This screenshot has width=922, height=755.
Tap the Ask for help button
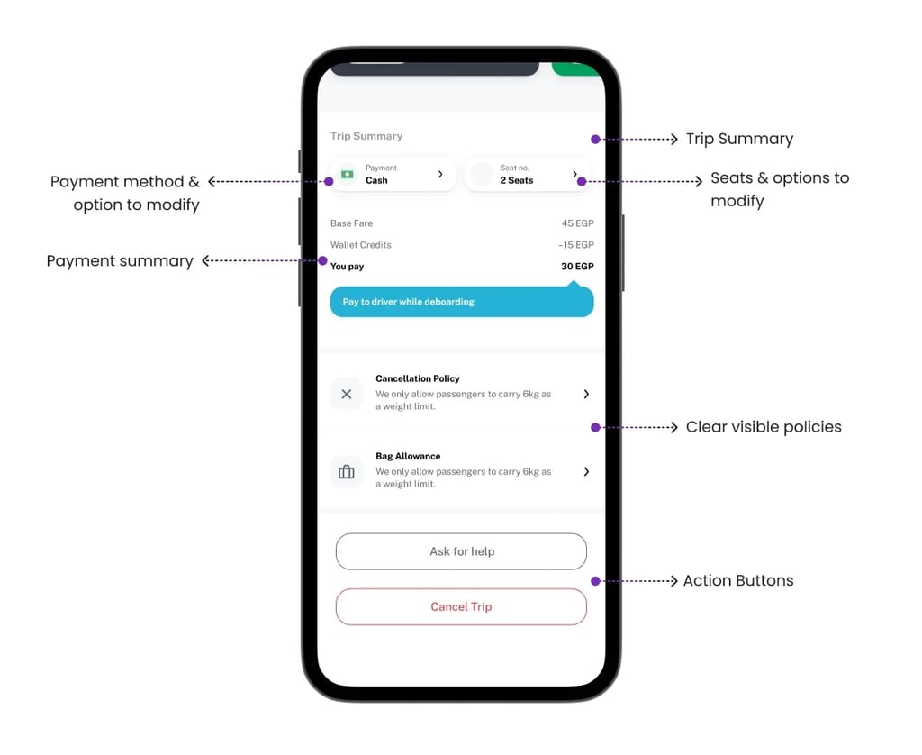(x=461, y=551)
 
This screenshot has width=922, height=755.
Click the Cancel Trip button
(x=461, y=606)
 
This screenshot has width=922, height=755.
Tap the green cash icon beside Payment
(x=347, y=174)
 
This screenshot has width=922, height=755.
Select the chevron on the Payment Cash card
(x=440, y=174)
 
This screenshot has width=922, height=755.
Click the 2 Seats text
(x=517, y=180)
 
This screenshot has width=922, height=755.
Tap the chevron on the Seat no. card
(x=575, y=174)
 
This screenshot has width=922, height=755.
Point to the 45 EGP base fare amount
(x=577, y=223)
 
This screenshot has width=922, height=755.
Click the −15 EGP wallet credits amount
(x=575, y=245)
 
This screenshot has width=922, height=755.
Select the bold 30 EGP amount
(x=577, y=267)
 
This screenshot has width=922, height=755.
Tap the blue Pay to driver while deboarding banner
(x=461, y=302)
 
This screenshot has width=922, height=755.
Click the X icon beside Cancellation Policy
(x=347, y=394)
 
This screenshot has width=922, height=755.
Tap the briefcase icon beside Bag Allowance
(x=347, y=471)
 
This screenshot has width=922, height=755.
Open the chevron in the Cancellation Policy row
(x=586, y=394)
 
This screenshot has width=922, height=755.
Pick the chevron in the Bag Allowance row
(x=586, y=471)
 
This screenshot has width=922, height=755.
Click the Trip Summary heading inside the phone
(x=366, y=136)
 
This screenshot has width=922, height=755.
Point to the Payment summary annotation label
(x=120, y=261)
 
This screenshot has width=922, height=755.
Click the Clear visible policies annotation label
(x=764, y=427)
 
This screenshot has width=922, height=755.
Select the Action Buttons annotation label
(x=738, y=581)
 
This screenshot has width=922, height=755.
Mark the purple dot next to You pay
(x=322, y=261)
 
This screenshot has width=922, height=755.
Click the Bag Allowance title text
(x=408, y=457)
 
